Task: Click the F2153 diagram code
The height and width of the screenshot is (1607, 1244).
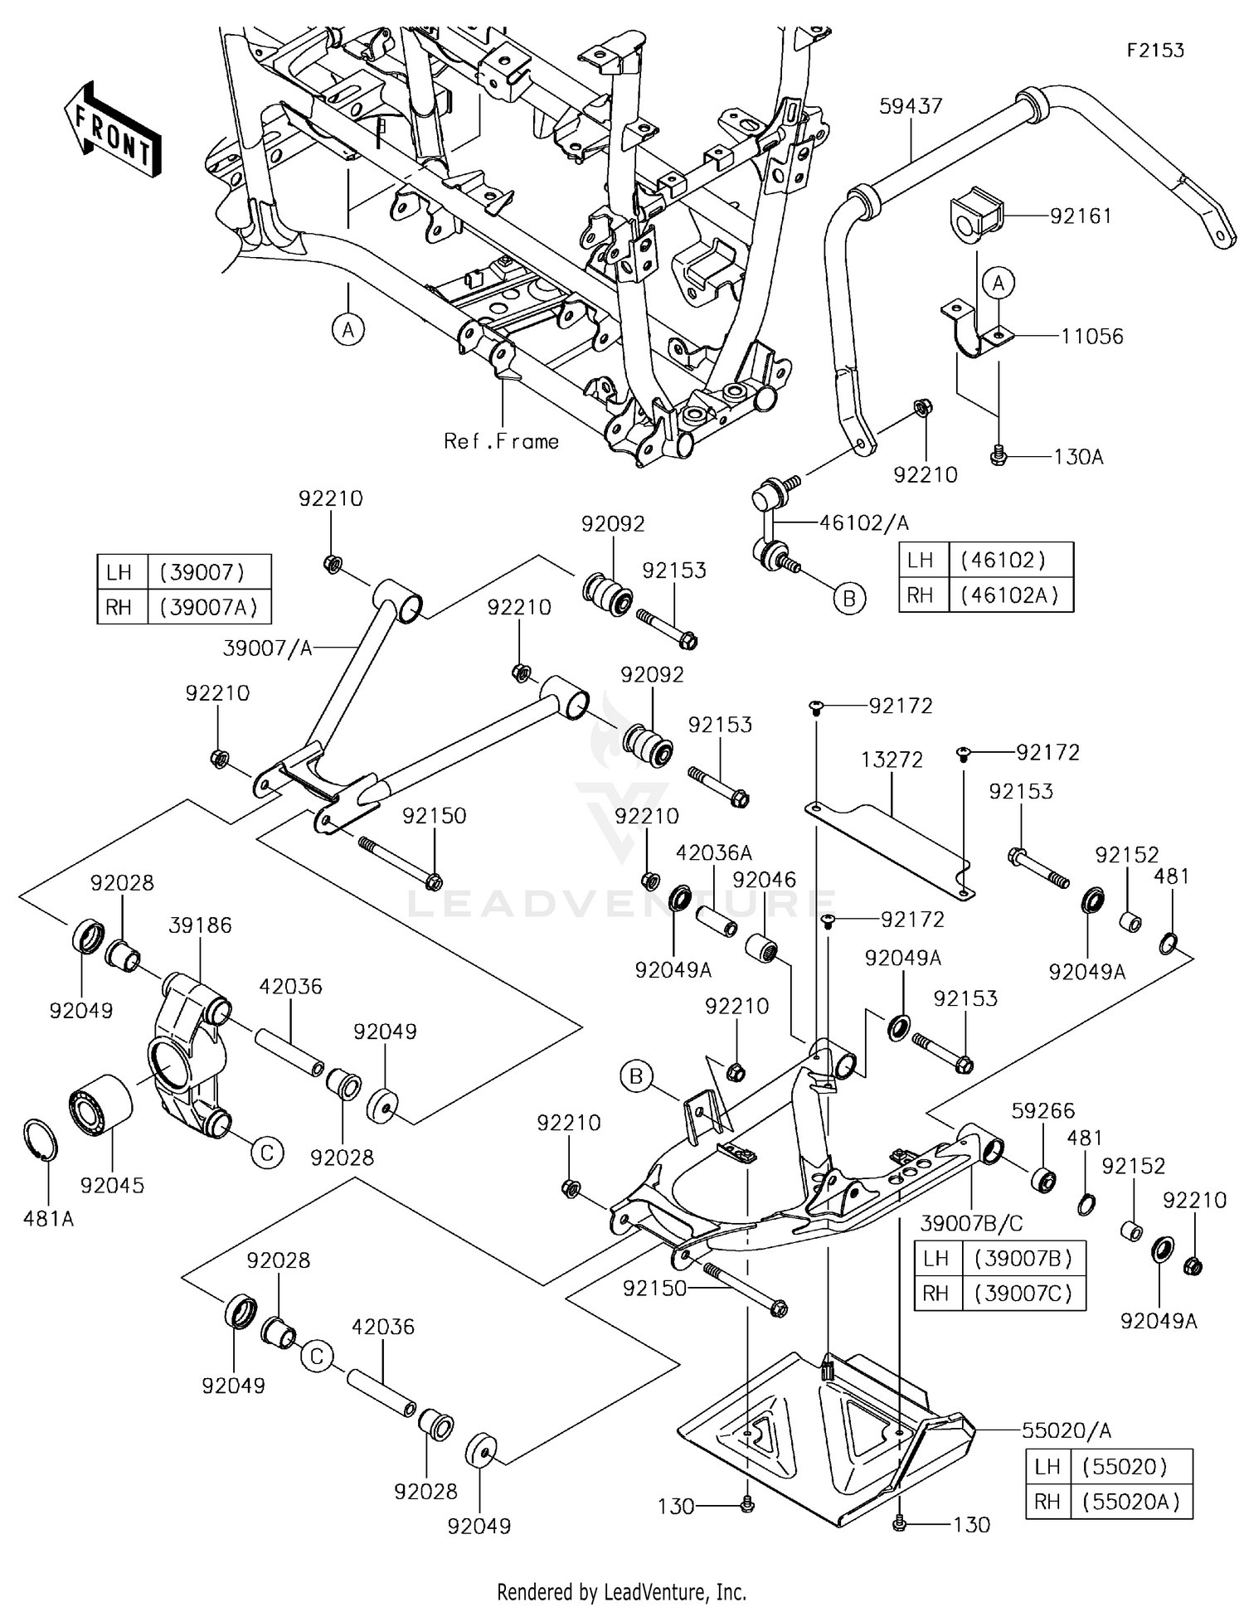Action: (x=1154, y=51)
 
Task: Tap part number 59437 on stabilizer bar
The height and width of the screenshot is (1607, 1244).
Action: (x=911, y=106)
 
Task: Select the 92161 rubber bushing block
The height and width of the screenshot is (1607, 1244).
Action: (x=972, y=217)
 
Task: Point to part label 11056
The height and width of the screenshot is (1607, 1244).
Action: (x=1091, y=337)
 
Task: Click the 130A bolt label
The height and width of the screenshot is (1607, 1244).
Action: (x=1078, y=457)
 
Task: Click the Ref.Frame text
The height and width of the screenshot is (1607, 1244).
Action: (x=501, y=441)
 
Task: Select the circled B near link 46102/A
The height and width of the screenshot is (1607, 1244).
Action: (x=848, y=599)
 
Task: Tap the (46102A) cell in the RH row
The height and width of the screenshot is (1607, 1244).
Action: (x=1009, y=595)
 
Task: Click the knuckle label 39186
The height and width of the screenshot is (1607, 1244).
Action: (x=200, y=925)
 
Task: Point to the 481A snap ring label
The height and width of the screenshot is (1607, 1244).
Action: (x=49, y=1218)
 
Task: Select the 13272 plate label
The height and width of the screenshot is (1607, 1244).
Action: (x=892, y=760)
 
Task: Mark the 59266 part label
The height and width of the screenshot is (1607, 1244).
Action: (x=1042, y=1110)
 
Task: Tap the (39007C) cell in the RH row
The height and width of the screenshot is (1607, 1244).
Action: (x=1023, y=1293)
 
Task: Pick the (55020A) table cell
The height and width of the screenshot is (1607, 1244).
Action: (x=1130, y=1502)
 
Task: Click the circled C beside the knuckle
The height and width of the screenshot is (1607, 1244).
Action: (x=267, y=1153)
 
